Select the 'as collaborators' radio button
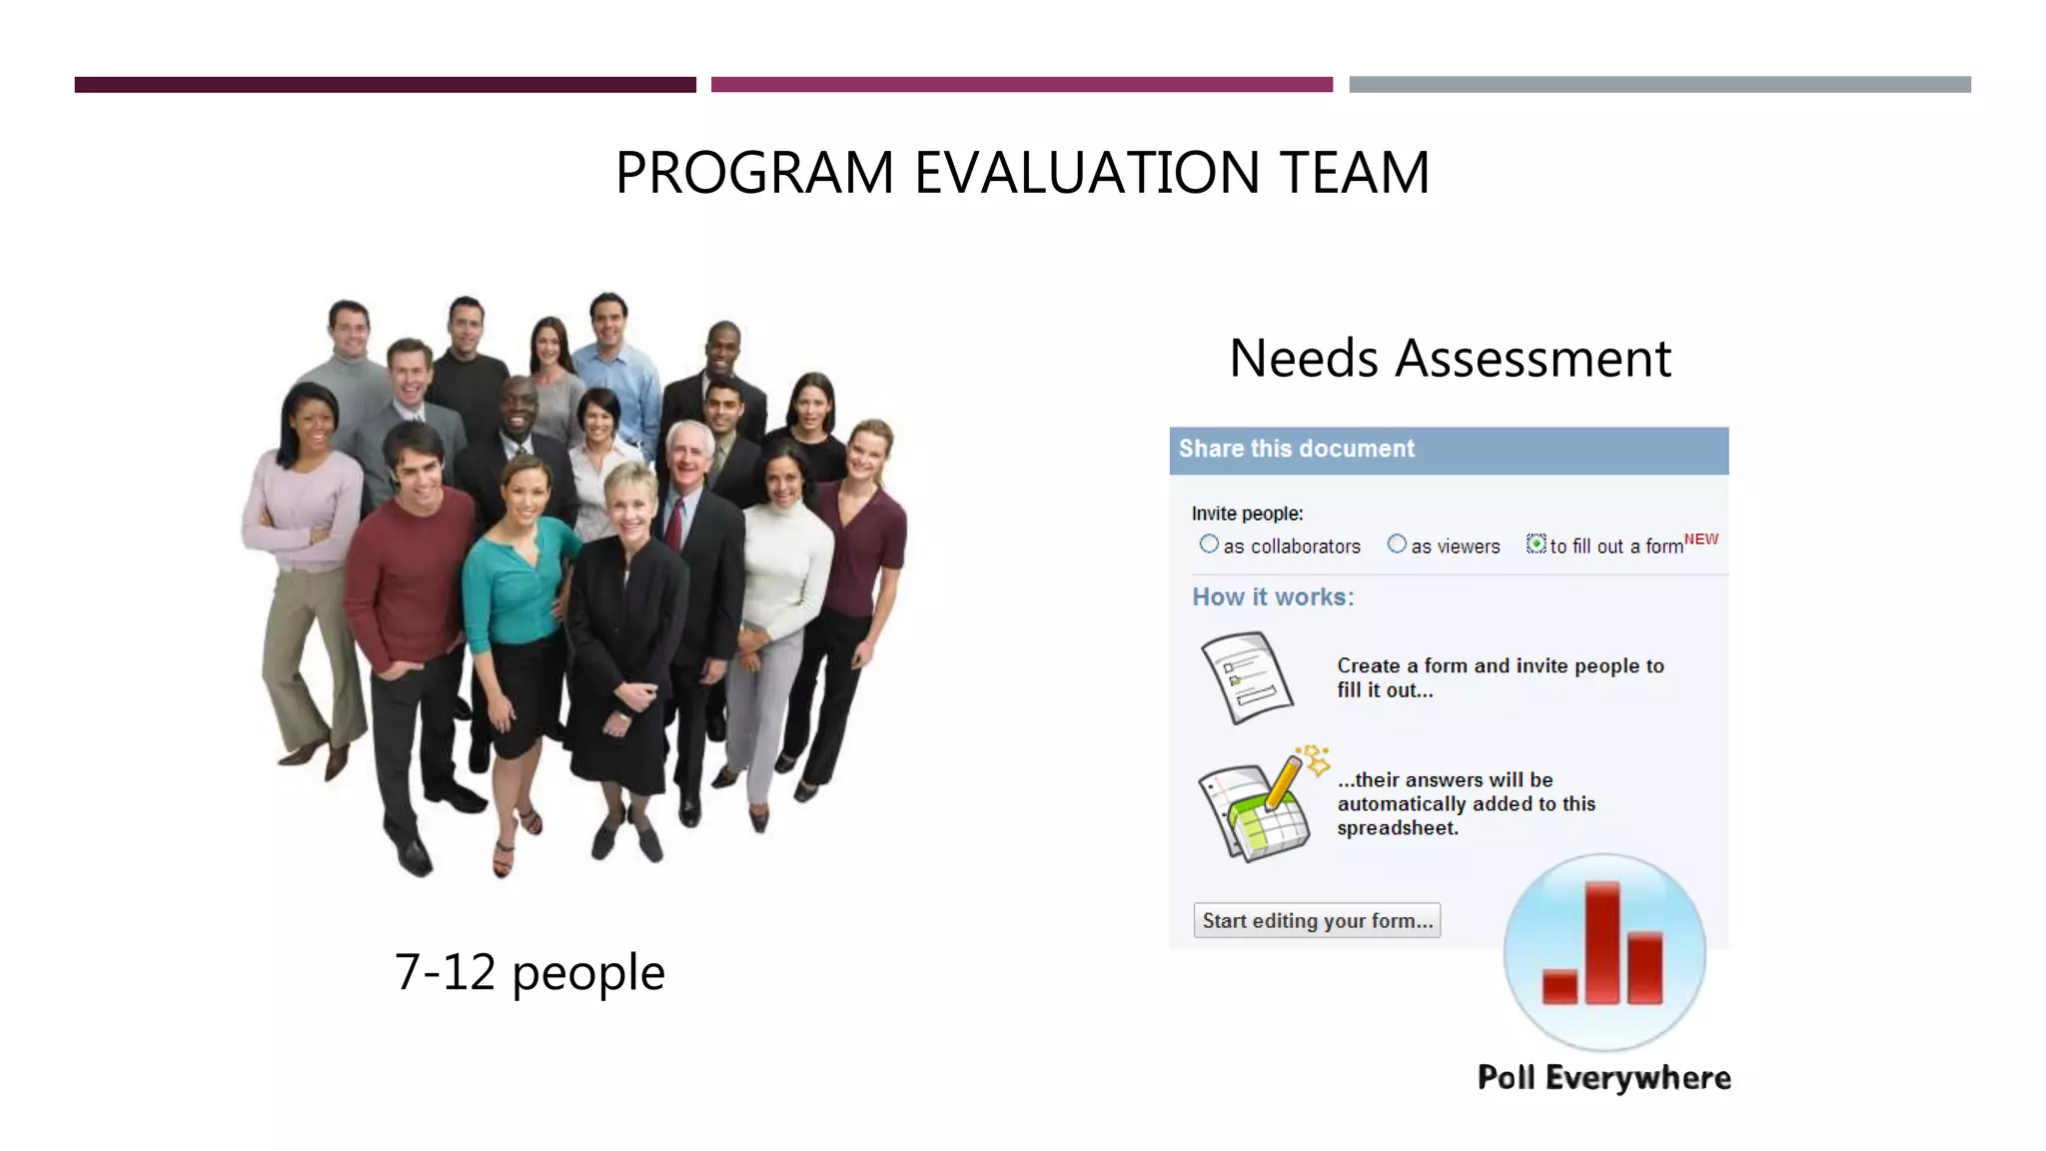pos(1209,545)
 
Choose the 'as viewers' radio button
pos(1397,545)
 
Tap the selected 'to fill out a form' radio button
pos(1536,545)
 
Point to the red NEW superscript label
pos(1701,540)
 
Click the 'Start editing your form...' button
pos(1317,921)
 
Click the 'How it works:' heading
pos(1273,597)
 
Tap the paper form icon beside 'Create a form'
pos(1247,677)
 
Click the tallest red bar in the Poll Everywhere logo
pos(1602,941)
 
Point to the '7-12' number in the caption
pos(445,972)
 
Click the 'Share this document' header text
pos(1297,450)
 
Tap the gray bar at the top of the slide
pos(1659,85)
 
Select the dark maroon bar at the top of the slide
pos(385,85)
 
